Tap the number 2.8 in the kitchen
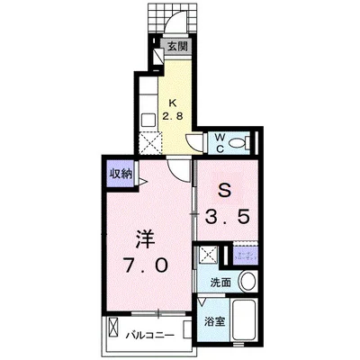click(x=173, y=114)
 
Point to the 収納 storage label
click(x=121, y=174)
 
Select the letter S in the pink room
click(x=227, y=190)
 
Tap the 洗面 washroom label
click(x=221, y=282)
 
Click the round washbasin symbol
click(x=249, y=282)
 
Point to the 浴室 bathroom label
click(x=214, y=320)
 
